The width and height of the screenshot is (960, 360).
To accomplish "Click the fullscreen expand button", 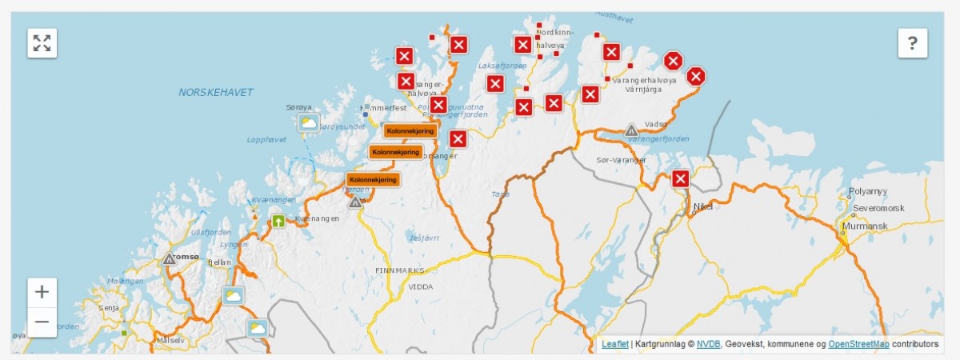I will coord(42,43).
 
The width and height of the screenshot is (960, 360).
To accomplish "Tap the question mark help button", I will coord(912,43).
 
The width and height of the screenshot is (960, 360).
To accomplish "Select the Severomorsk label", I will coord(878,208).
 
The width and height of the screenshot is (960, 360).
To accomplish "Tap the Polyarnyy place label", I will coord(868,193).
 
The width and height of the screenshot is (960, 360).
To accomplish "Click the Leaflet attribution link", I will coord(614,344).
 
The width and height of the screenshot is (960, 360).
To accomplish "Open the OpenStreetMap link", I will coord(858,344).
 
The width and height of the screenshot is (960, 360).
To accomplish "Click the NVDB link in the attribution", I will coord(708,344).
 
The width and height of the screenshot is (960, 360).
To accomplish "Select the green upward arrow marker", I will coord(278,221).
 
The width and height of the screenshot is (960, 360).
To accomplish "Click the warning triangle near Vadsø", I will coord(631,130).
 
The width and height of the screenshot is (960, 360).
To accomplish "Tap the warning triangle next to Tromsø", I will coord(169,258).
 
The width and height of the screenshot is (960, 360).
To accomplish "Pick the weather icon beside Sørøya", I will coord(308,122).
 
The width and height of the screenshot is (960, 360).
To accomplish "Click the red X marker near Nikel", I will coord(681,178).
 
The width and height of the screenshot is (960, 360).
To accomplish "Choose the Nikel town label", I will coord(702,206).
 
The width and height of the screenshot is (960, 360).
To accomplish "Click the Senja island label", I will coord(109,307).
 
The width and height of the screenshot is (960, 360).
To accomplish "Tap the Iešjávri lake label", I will coord(423,238).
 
